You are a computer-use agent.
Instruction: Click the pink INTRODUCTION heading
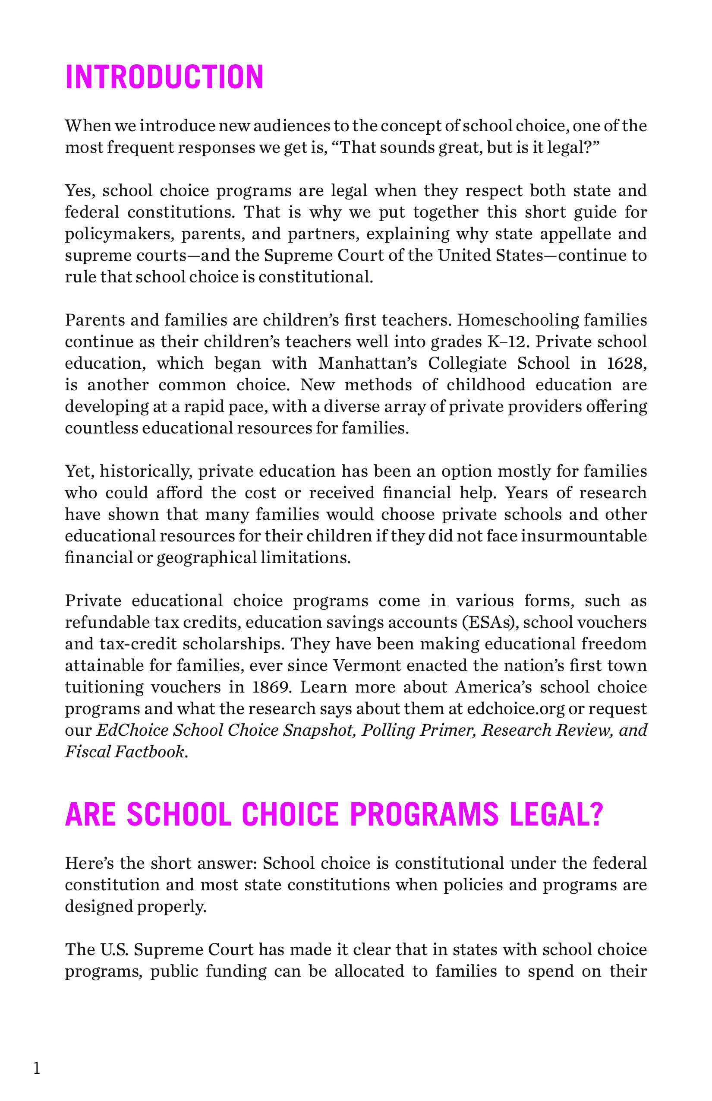(x=164, y=77)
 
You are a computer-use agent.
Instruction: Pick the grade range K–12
(x=505, y=342)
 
